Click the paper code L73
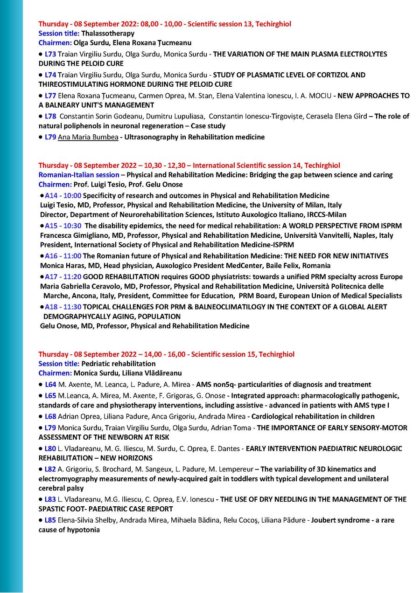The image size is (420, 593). tap(50, 54)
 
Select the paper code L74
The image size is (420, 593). tap(50, 75)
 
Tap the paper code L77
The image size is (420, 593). tap(50, 96)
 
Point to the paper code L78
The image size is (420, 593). tap(50, 116)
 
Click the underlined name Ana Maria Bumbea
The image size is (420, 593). tap(88, 137)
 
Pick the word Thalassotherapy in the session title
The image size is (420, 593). tap(108, 33)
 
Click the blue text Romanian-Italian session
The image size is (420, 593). tap(78, 175)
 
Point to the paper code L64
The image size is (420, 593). tap(50, 385)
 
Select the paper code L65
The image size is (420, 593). tap(50, 396)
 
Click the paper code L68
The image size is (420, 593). tap(50, 416)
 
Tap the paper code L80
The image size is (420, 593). tap(50, 448)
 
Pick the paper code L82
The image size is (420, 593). tap(50, 469)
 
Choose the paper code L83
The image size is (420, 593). tap(50, 499)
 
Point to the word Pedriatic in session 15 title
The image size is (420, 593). tap(95, 364)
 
